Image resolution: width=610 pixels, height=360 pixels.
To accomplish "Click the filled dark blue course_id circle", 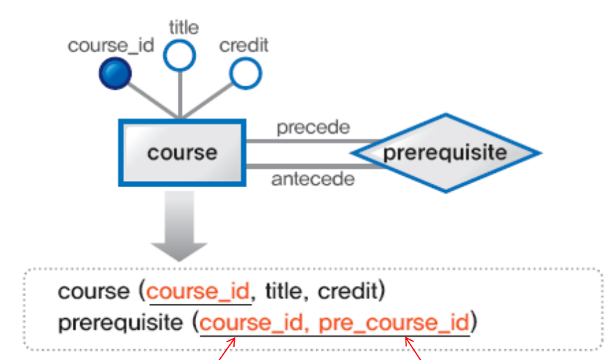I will point(114,72).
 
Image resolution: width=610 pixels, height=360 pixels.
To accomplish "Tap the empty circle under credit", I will point(245,73).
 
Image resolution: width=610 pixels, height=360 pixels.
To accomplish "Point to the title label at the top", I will point(183,27).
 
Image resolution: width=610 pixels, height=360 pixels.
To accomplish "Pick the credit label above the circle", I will point(244,46).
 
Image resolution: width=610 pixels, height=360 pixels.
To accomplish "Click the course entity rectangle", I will point(182,152).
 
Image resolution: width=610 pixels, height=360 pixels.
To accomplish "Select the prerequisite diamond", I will point(445,152).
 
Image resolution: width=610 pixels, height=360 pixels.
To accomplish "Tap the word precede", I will point(313,128).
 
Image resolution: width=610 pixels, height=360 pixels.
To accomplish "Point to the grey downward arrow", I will point(179,233).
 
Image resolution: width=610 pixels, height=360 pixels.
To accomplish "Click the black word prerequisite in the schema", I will point(121,322).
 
